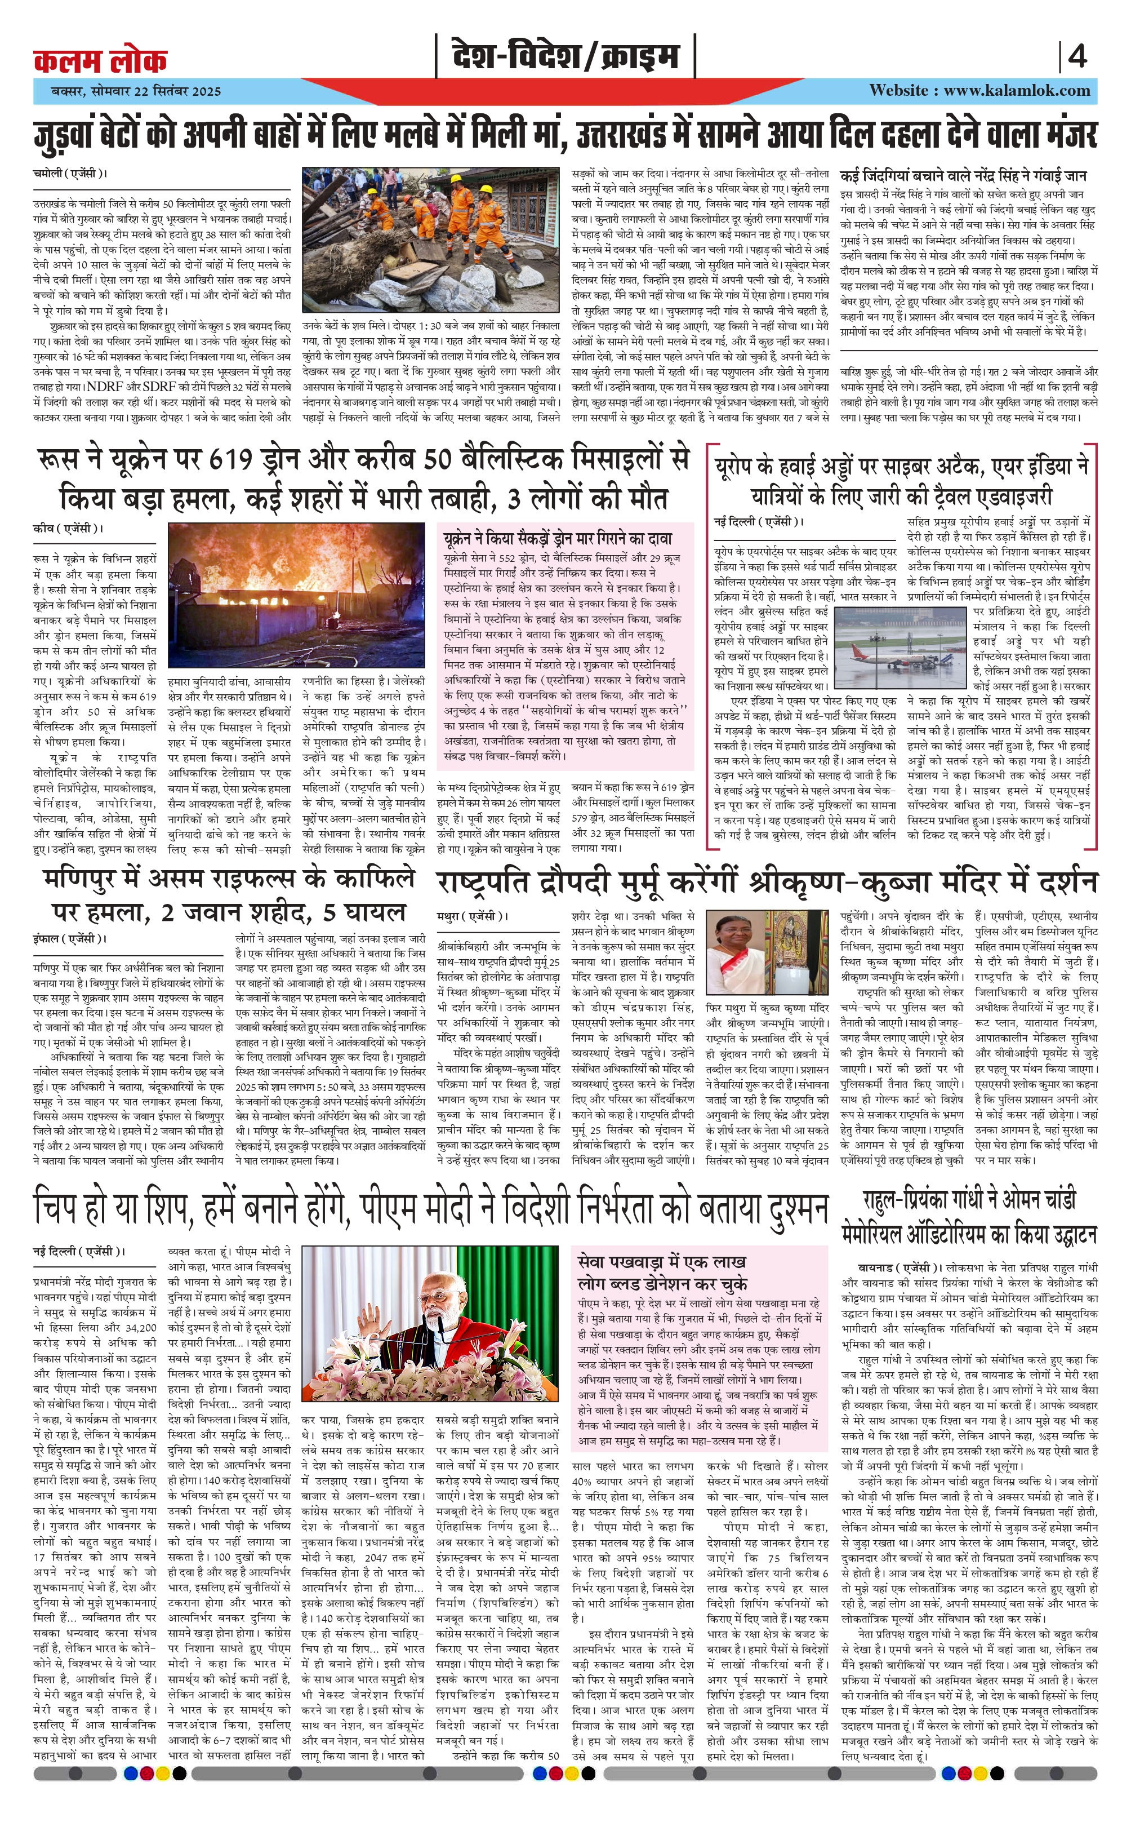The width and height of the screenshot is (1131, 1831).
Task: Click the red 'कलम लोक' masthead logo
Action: (100, 60)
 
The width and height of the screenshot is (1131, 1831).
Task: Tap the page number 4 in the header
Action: (1077, 57)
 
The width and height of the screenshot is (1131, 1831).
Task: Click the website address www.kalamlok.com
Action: (1017, 91)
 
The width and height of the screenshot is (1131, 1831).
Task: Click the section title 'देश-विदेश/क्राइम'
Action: (565, 57)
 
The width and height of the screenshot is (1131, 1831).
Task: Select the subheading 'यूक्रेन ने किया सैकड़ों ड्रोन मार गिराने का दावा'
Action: (557, 538)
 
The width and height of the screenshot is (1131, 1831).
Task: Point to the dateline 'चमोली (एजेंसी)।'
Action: (70, 174)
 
